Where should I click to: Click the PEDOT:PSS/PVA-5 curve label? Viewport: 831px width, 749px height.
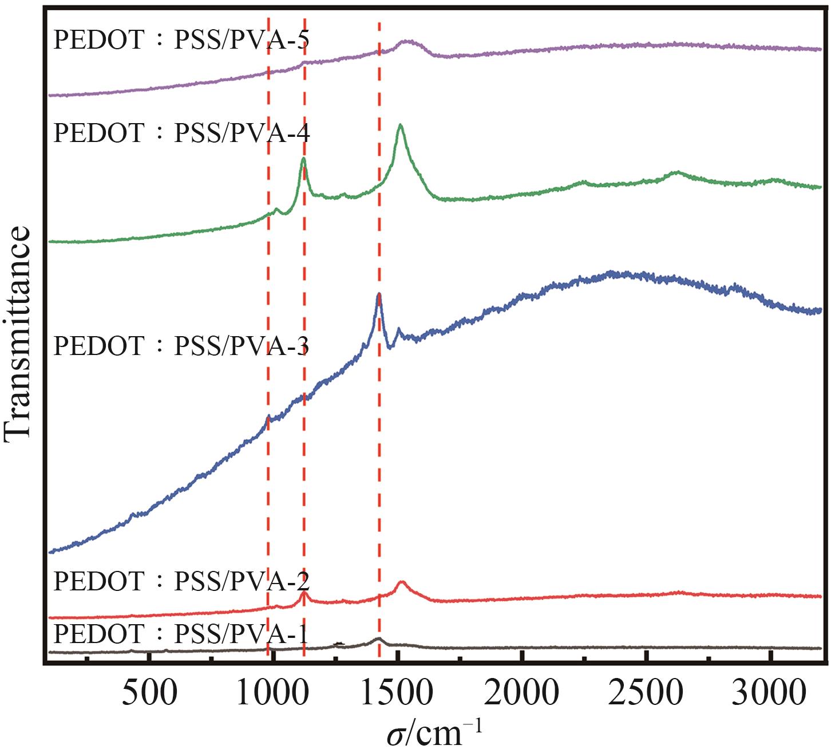[181, 40]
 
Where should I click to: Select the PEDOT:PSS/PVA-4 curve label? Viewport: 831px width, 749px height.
[181, 133]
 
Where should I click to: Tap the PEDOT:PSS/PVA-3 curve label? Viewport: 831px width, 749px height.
[181, 346]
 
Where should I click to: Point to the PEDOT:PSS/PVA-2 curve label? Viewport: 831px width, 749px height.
[181, 581]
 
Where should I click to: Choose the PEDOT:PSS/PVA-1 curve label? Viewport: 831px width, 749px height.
[181, 634]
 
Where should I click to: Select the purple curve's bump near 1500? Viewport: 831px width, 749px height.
[407, 41]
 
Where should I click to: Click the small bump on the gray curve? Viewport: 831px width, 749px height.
[378, 638]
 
